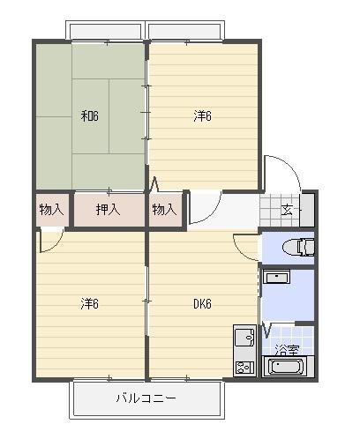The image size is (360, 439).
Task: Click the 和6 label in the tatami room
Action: tap(90, 116)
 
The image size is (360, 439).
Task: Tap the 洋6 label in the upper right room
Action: tap(202, 116)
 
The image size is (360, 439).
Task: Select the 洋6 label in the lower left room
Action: tap(90, 303)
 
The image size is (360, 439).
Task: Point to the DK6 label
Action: tap(202, 304)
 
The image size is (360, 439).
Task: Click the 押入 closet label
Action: tap(109, 210)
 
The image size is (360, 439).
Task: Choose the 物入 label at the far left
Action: tap(51, 210)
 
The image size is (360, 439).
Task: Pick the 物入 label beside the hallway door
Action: tap(164, 210)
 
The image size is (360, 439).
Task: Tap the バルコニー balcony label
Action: tap(146, 398)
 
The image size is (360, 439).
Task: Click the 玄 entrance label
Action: tap(287, 210)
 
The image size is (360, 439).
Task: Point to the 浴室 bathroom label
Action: tap(287, 350)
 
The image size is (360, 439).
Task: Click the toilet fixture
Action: tap(298, 247)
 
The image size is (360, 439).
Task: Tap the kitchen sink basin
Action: tap(244, 337)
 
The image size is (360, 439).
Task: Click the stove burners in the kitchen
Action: tap(244, 368)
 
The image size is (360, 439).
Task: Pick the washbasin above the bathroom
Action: tap(276, 277)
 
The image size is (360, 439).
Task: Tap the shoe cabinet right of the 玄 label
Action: tap(307, 210)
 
